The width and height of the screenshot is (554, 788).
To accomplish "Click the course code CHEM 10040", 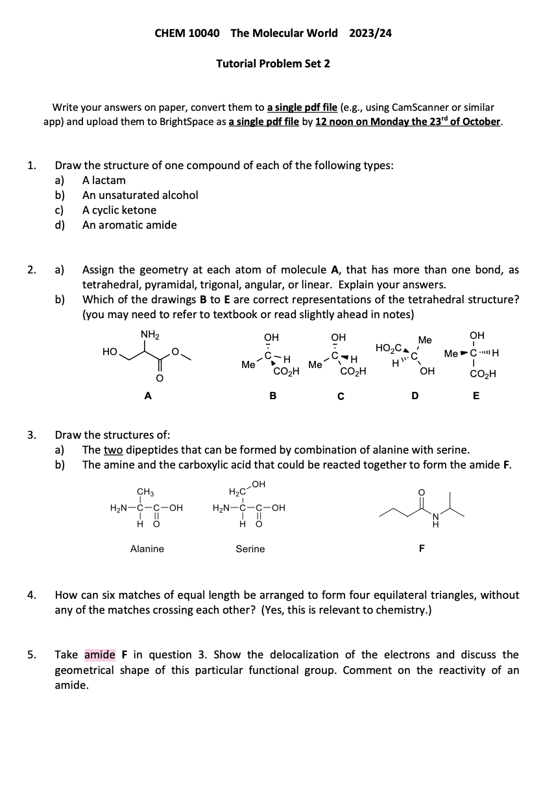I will [x=187, y=33].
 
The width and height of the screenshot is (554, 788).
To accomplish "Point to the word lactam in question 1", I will [x=110, y=180].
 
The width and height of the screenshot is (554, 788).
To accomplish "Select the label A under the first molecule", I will [x=148, y=397].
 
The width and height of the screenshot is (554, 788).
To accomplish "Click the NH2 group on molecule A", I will [x=150, y=334].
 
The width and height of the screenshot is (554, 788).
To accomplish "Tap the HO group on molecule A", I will [x=110, y=351].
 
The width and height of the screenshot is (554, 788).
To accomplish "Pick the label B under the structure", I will [x=273, y=397].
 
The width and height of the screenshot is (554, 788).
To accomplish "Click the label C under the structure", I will [x=341, y=397].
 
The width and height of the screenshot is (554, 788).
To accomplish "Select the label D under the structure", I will [x=415, y=397].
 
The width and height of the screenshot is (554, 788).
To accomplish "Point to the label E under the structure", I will [x=476, y=397].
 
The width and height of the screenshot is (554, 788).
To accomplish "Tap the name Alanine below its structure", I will [x=147, y=549].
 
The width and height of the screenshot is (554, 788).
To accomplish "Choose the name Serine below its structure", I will [x=250, y=549].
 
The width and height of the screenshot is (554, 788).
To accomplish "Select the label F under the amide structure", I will [x=422, y=549].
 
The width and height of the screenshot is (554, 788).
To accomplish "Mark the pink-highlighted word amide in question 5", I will [x=100, y=655].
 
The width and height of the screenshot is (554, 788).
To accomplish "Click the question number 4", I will [x=31, y=595].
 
